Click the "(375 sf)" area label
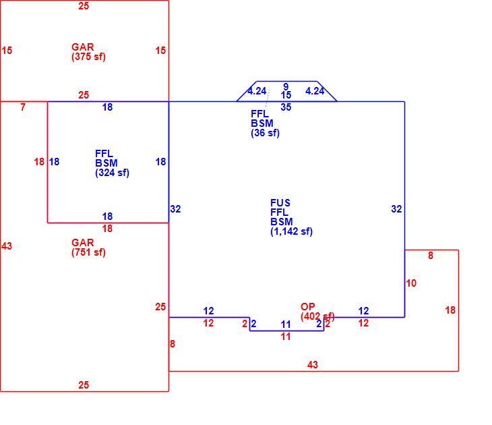point(88,57)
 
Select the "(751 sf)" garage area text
point(88,252)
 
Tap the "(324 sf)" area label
point(112,173)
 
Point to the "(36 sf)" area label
point(265,133)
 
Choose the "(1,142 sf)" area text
point(292,231)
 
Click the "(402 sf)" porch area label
point(317,316)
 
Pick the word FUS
point(280,203)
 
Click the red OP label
point(307,306)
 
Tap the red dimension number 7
point(23,107)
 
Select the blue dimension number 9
point(286,86)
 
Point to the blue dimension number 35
point(286,107)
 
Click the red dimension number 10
point(411,283)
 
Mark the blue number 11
point(286,324)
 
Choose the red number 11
point(286,337)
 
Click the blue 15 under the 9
point(286,94)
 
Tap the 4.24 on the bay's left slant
point(257,91)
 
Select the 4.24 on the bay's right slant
point(315,91)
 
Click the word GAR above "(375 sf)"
point(83,47)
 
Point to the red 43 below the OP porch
point(313,365)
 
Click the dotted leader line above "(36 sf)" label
point(268,99)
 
